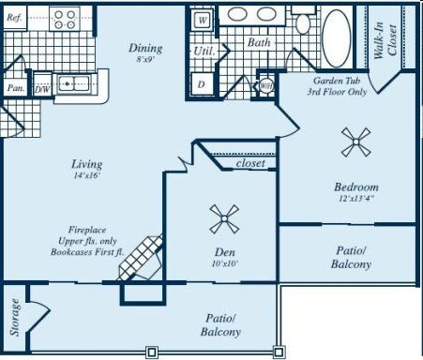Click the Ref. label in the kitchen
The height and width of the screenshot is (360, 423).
[x=14, y=18]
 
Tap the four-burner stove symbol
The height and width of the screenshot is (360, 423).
[x=65, y=19]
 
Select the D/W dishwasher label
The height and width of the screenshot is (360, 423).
[x=42, y=90]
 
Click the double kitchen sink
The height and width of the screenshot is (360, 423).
[x=74, y=83]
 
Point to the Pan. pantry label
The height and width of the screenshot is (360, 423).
[x=15, y=88]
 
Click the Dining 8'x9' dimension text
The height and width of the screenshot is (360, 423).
[x=145, y=59]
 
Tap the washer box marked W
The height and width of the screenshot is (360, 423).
[x=203, y=20]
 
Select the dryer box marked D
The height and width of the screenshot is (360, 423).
[x=202, y=84]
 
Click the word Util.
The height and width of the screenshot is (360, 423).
[x=204, y=51]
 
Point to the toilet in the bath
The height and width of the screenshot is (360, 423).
[x=303, y=21]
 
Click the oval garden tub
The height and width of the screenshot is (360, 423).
[x=337, y=38]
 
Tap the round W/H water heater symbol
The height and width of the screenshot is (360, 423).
[x=266, y=85]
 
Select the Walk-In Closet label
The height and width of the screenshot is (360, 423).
[x=385, y=40]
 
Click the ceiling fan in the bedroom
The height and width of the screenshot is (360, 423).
[x=355, y=142]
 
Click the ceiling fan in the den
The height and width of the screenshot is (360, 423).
[x=224, y=218]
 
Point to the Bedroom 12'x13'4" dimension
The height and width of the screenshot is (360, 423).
[x=356, y=198]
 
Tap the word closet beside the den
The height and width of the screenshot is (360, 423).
[x=250, y=163]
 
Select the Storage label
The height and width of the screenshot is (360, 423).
[x=15, y=318]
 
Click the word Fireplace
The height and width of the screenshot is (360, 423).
[x=87, y=230]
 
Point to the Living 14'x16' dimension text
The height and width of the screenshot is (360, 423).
[x=86, y=175]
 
